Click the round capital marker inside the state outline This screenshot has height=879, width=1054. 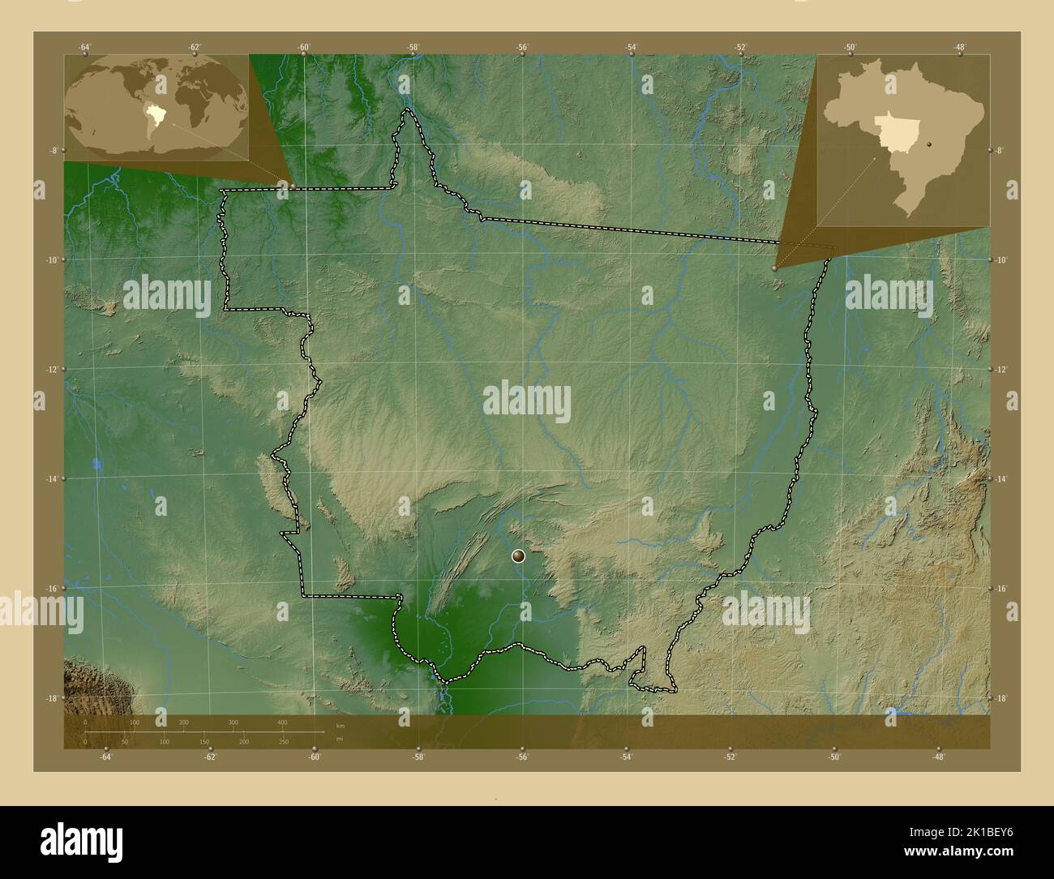519,556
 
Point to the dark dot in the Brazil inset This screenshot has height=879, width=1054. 929,144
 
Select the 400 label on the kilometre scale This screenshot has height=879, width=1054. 282,722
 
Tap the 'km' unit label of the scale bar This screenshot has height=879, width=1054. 340,725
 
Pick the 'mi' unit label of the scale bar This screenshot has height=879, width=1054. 340,738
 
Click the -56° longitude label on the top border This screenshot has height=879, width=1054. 522,46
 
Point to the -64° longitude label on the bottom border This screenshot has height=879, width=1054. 105,757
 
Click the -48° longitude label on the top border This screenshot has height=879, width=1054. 959,46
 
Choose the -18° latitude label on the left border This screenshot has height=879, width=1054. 52,698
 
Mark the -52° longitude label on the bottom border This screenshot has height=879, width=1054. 731,757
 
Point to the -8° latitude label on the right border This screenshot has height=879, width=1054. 1000,150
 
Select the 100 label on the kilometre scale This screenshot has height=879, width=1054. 135,722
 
